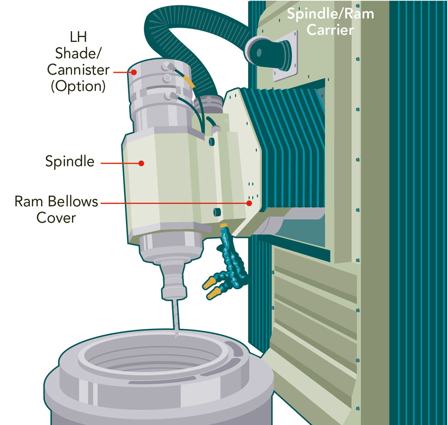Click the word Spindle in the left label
click(x=69, y=162)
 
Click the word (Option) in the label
click(x=78, y=86)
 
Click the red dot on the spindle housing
click(x=141, y=163)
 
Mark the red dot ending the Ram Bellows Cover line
click(x=249, y=203)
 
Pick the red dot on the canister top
click(x=134, y=73)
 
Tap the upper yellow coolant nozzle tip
click(x=205, y=285)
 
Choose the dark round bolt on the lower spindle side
click(x=216, y=212)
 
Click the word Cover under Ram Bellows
click(x=56, y=218)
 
